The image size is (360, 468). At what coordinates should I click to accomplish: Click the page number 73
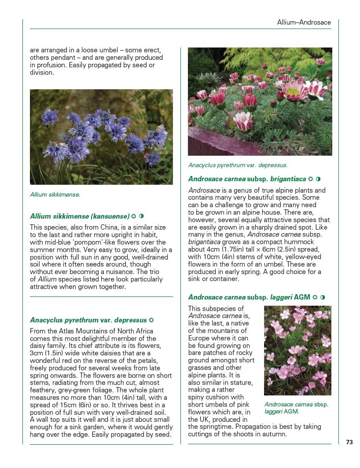click(x=349, y=442)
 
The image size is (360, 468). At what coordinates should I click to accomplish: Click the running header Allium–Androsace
click(x=304, y=22)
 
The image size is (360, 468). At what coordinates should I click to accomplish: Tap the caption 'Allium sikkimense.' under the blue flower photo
click(x=55, y=194)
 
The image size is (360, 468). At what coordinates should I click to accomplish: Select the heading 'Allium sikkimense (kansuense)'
click(x=80, y=216)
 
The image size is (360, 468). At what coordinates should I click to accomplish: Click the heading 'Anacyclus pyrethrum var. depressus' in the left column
click(x=88, y=320)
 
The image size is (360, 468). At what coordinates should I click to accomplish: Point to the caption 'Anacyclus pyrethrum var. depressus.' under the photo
click(x=238, y=165)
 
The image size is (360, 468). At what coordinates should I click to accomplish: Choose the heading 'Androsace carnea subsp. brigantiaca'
click(x=247, y=179)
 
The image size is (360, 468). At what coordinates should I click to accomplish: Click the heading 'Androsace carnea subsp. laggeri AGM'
click(x=249, y=297)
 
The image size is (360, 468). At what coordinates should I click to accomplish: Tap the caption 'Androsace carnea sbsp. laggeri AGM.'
click(x=296, y=408)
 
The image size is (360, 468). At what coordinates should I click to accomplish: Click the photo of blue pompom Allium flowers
click(x=101, y=137)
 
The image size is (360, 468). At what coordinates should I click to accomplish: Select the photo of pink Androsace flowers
click(x=298, y=351)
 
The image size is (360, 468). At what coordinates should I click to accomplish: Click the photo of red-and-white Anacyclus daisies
click(x=260, y=101)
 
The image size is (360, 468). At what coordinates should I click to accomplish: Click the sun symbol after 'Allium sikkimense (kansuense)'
click(x=133, y=216)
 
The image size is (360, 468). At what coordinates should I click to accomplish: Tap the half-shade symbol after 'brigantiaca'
click(x=318, y=179)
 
